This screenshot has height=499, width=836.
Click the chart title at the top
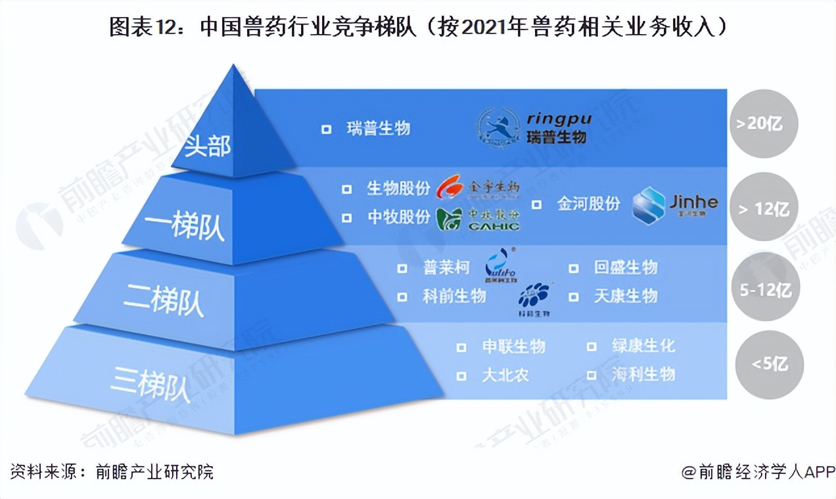(x=418, y=28)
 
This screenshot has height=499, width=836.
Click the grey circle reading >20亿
(x=763, y=124)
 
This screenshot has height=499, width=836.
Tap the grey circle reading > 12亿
(x=763, y=209)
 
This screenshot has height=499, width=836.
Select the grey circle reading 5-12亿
(x=765, y=289)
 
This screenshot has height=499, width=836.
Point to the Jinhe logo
(x=674, y=204)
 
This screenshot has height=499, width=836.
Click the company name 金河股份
(x=588, y=204)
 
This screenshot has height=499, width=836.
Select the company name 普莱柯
(x=446, y=268)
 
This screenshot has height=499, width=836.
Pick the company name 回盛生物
(x=625, y=268)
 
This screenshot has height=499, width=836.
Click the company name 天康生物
(x=625, y=296)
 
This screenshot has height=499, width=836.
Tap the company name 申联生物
(x=513, y=346)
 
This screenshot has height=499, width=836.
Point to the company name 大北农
(x=505, y=375)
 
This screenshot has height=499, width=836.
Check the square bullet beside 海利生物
(x=592, y=376)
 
